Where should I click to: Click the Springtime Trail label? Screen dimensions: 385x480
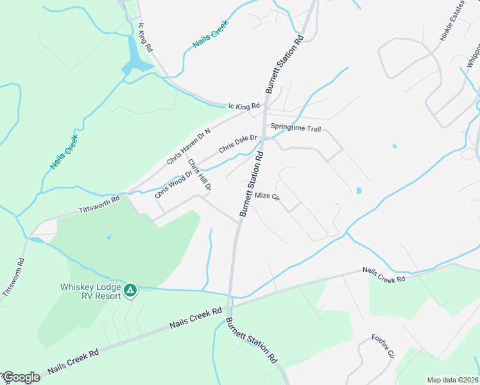296,128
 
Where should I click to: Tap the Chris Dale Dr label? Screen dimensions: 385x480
237,143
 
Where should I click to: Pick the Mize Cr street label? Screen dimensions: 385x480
268,196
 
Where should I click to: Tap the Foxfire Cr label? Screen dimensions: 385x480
385,346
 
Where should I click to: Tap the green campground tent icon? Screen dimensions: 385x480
130,291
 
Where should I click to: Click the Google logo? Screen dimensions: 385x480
21,377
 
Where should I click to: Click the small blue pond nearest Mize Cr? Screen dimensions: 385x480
358,191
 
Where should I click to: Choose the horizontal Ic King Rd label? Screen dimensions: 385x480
244,106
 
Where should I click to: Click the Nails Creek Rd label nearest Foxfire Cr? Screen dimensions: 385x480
384,275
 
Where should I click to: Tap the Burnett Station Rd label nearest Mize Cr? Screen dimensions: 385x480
252,183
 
